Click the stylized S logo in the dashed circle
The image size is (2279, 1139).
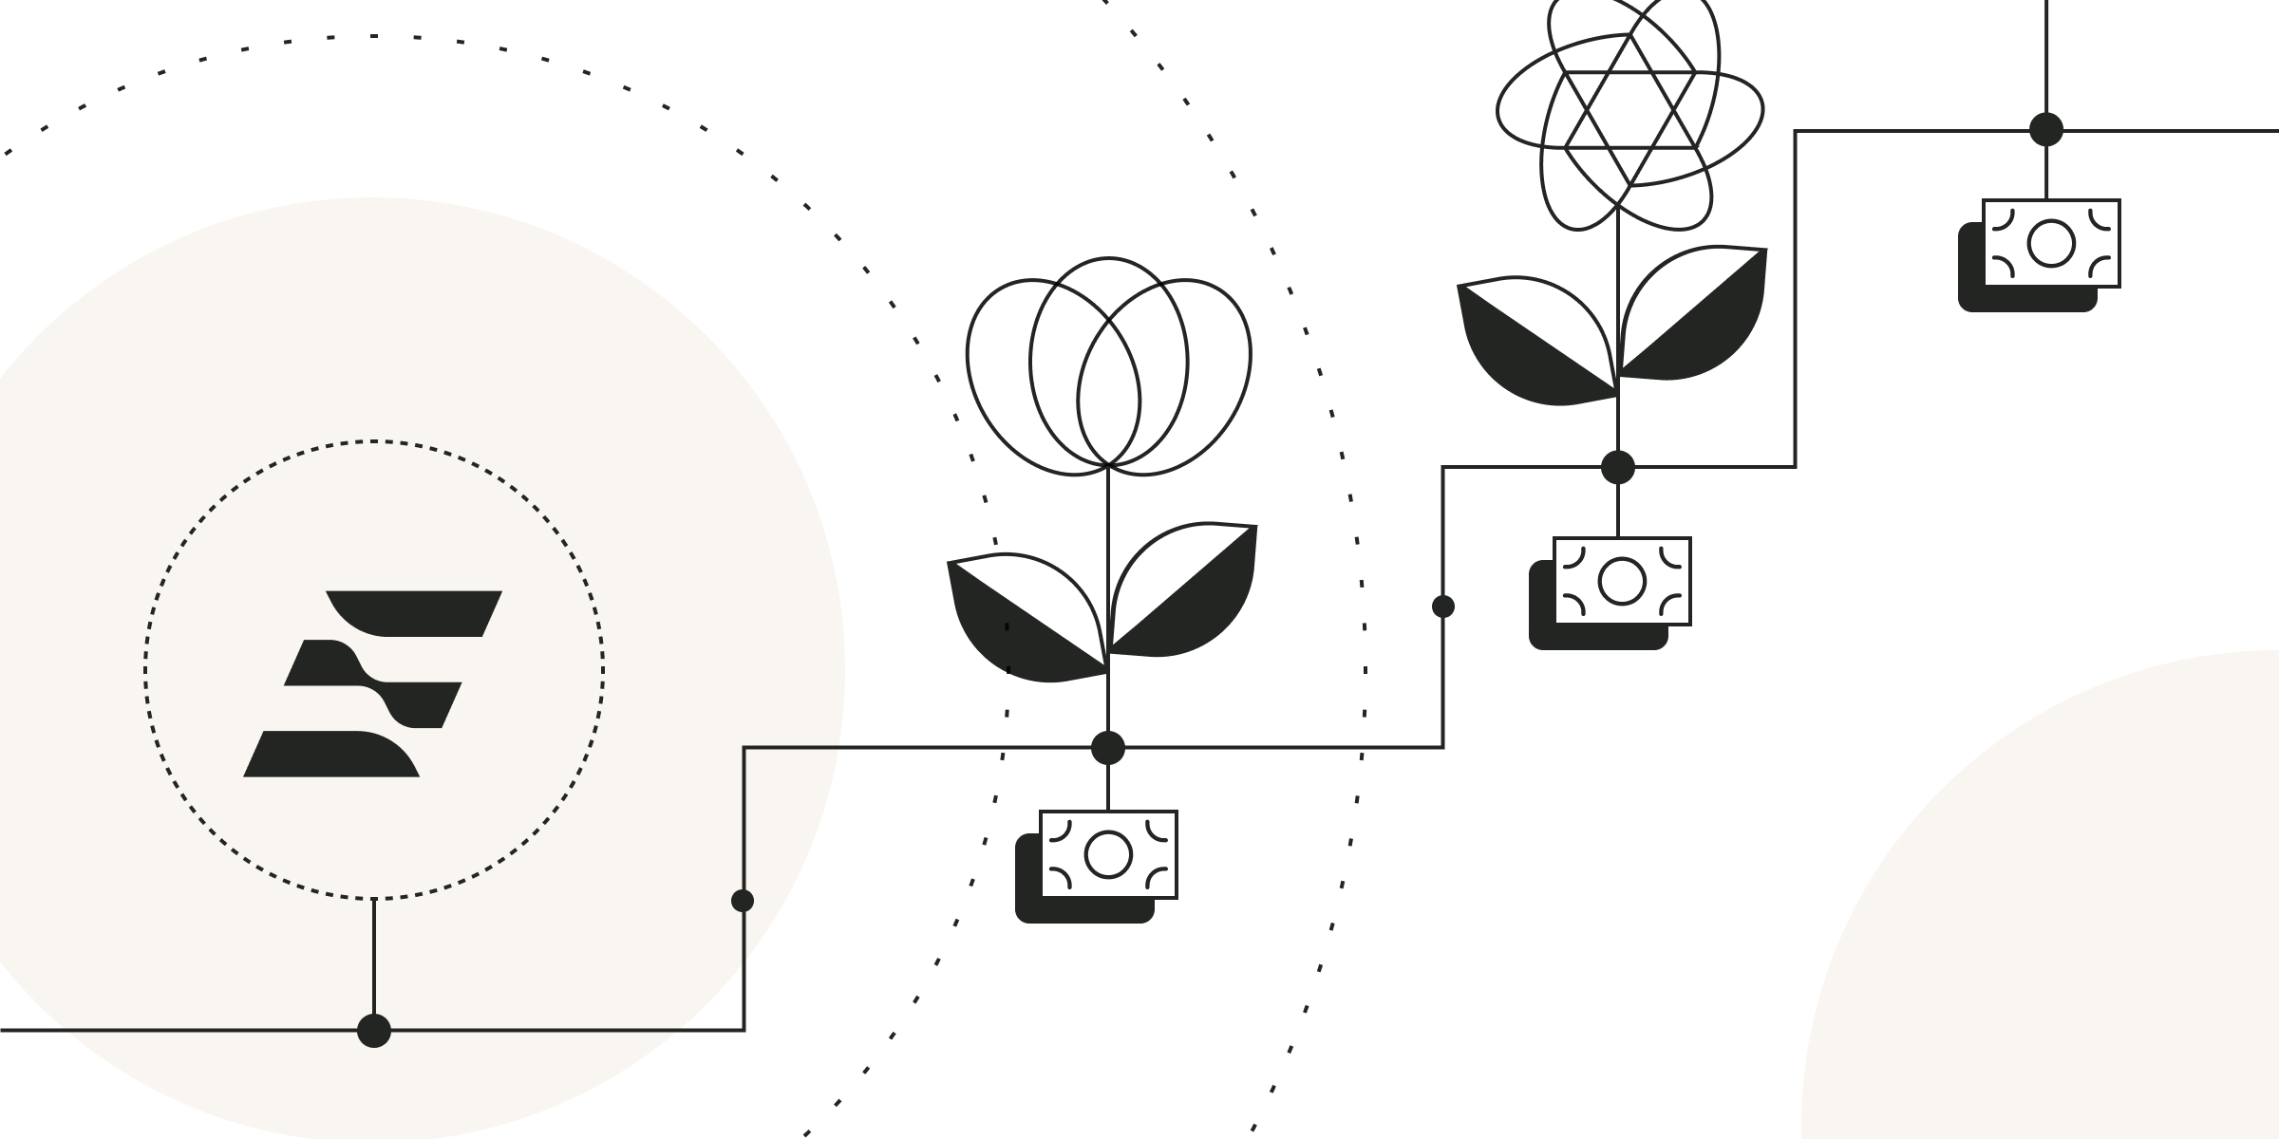coord(373,683)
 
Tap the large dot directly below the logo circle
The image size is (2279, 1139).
coord(374,1030)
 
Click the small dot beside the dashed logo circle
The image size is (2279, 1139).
coord(743,901)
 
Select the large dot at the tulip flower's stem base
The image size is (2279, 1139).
coord(1108,748)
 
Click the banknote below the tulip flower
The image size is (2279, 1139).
coord(1108,855)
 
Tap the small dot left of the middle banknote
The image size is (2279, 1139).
coord(1443,607)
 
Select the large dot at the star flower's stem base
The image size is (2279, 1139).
coord(1618,467)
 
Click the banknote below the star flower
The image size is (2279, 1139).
coord(1622,582)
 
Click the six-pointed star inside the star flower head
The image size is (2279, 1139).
coord(1630,110)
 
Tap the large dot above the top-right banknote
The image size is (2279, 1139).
coord(2046,129)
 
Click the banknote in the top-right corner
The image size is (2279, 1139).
coord(2051,244)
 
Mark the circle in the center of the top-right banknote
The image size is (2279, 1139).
coord(2051,244)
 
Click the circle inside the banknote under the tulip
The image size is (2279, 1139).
coord(1108,854)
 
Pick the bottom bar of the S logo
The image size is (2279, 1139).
coord(332,756)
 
